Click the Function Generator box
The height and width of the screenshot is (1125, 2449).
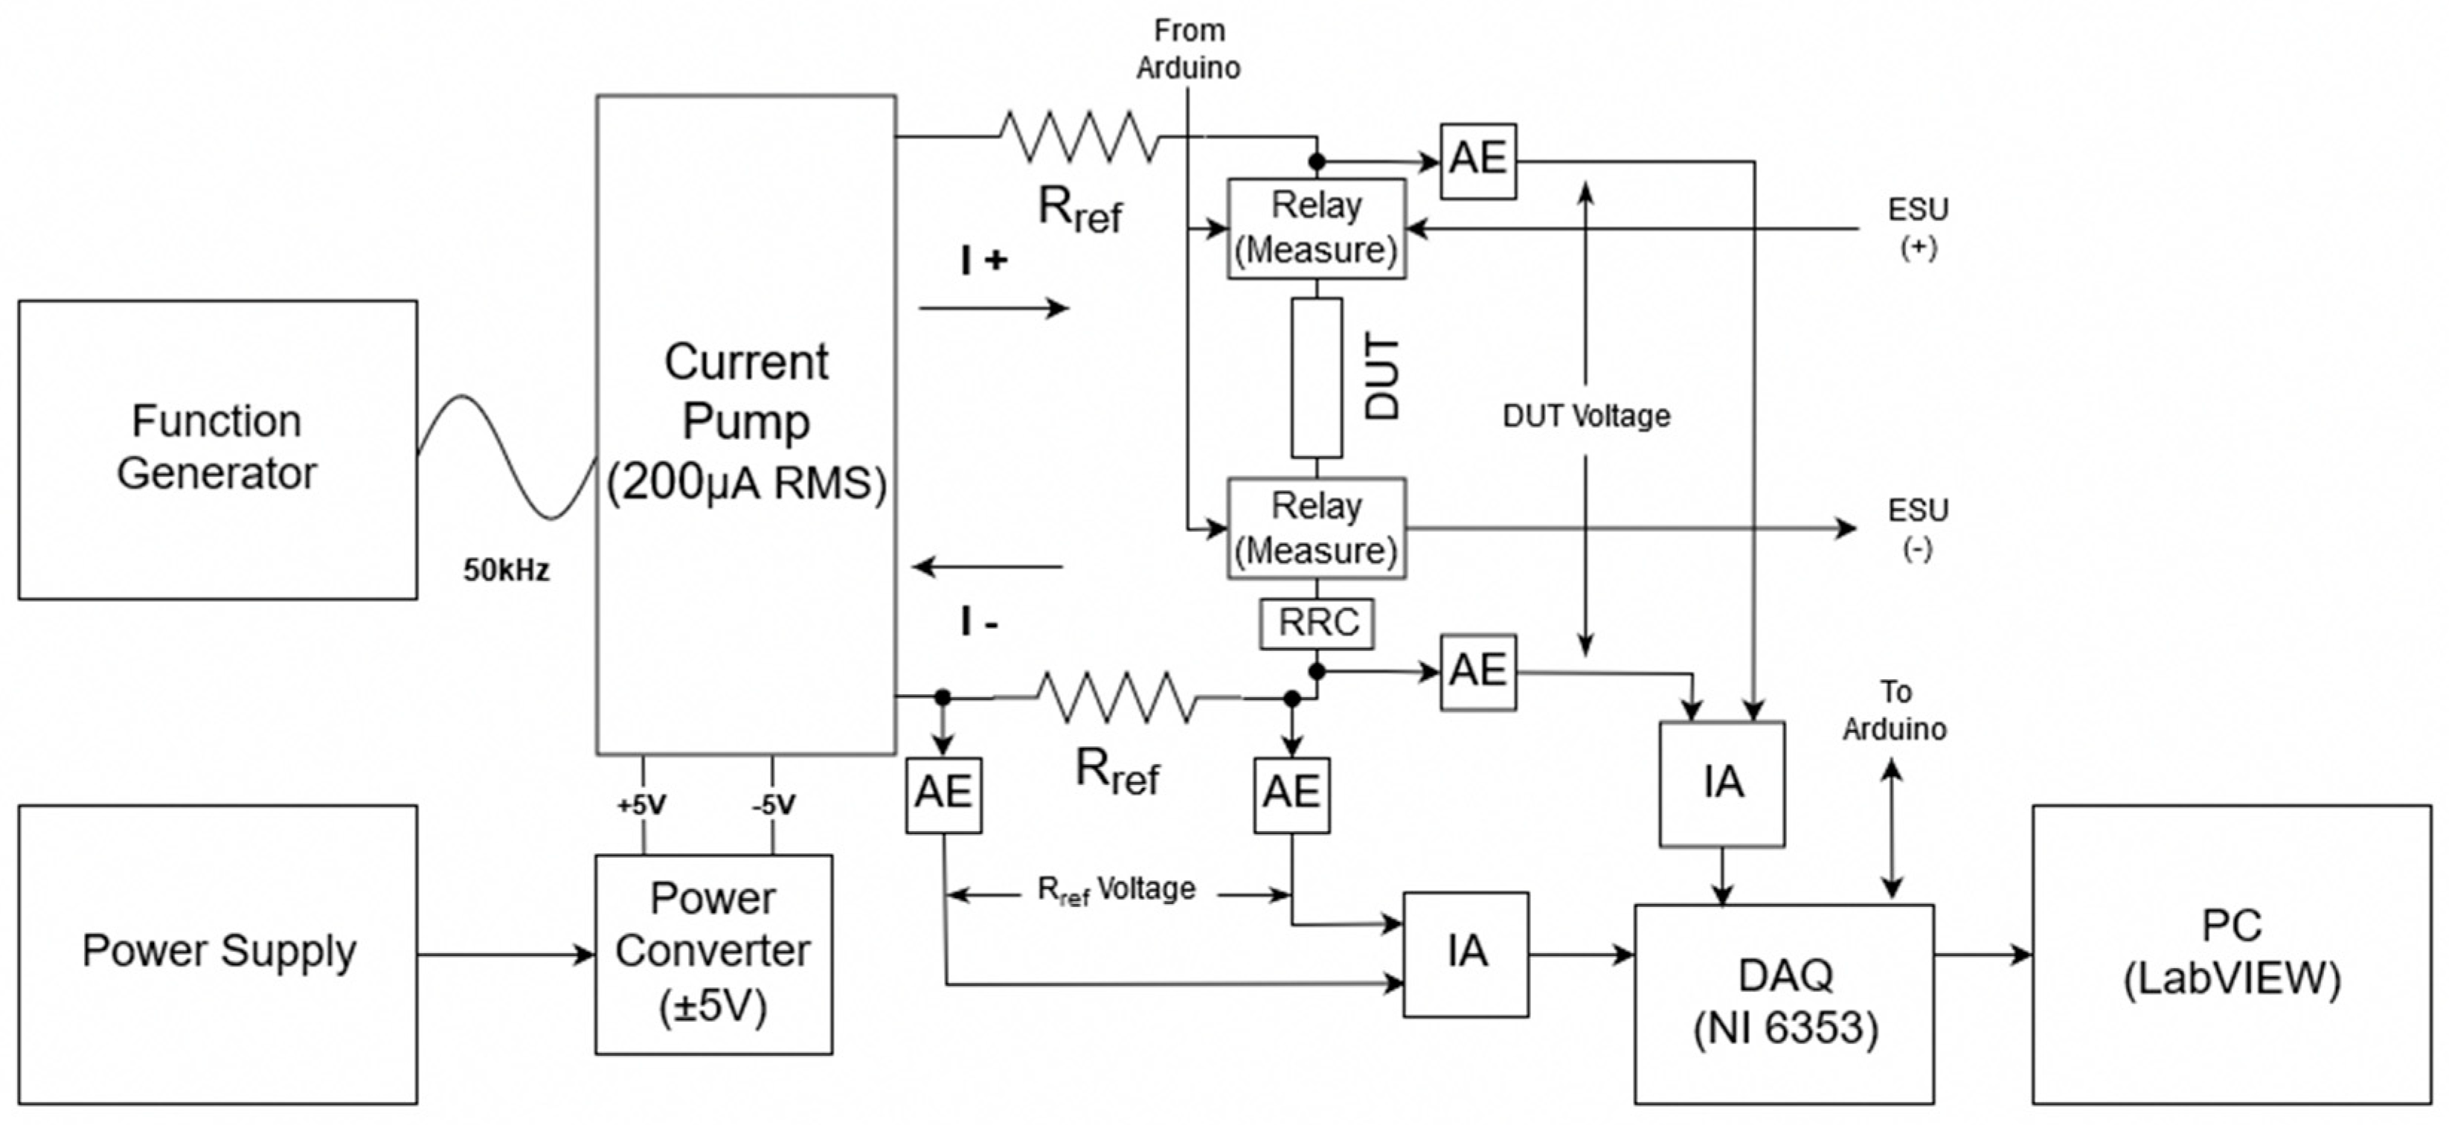(x=216, y=449)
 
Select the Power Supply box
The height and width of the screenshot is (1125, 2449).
(x=216, y=953)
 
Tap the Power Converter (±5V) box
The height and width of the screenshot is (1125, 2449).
(x=713, y=953)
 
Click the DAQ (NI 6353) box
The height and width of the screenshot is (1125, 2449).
(x=1783, y=1002)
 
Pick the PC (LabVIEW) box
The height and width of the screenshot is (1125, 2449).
(x=2231, y=953)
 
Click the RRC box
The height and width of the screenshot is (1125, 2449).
(x=1317, y=623)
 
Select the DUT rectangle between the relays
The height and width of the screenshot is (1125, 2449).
(x=1317, y=377)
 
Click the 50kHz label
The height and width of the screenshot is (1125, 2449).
(x=506, y=571)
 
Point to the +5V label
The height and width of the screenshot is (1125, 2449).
(x=642, y=806)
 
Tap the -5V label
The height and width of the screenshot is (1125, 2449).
(x=773, y=806)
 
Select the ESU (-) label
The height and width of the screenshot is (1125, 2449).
(x=1918, y=529)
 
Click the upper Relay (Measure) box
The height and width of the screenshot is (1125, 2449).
(x=1316, y=228)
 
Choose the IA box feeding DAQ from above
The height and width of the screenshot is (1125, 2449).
(x=1721, y=783)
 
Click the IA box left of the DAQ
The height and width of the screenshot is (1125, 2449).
(x=1466, y=953)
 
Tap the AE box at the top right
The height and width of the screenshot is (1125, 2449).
(x=1477, y=160)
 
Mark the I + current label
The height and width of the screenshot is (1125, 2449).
(x=983, y=260)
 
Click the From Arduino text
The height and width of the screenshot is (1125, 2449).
(x=1188, y=49)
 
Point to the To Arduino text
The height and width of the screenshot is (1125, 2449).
(x=1894, y=711)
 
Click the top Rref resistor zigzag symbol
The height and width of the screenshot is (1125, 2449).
(x=1079, y=136)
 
